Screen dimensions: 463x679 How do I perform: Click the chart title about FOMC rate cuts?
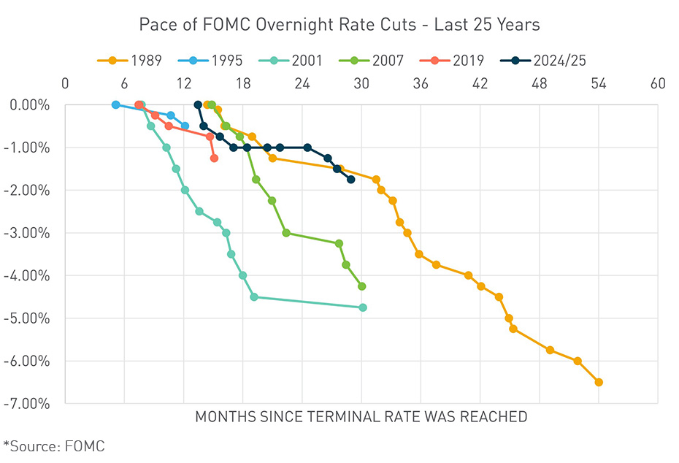pos(339,25)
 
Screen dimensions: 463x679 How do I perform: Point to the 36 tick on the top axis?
pos(421,83)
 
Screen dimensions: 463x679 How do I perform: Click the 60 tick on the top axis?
pos(657,83)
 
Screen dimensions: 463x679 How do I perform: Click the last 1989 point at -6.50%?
pos(599,382)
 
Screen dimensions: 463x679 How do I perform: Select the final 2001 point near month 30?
pos(363,307)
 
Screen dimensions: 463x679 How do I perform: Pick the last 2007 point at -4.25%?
pos(361,286)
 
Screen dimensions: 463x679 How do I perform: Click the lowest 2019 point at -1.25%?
pos(214,158)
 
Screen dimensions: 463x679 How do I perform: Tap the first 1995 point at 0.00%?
pos(115,105)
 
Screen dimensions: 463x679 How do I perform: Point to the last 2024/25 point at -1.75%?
pos(351,179)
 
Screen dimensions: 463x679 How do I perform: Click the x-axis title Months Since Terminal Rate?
pos(361,418)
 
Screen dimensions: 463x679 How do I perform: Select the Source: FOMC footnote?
pos(55,445)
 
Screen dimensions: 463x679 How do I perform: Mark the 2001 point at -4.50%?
pos(254,297)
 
